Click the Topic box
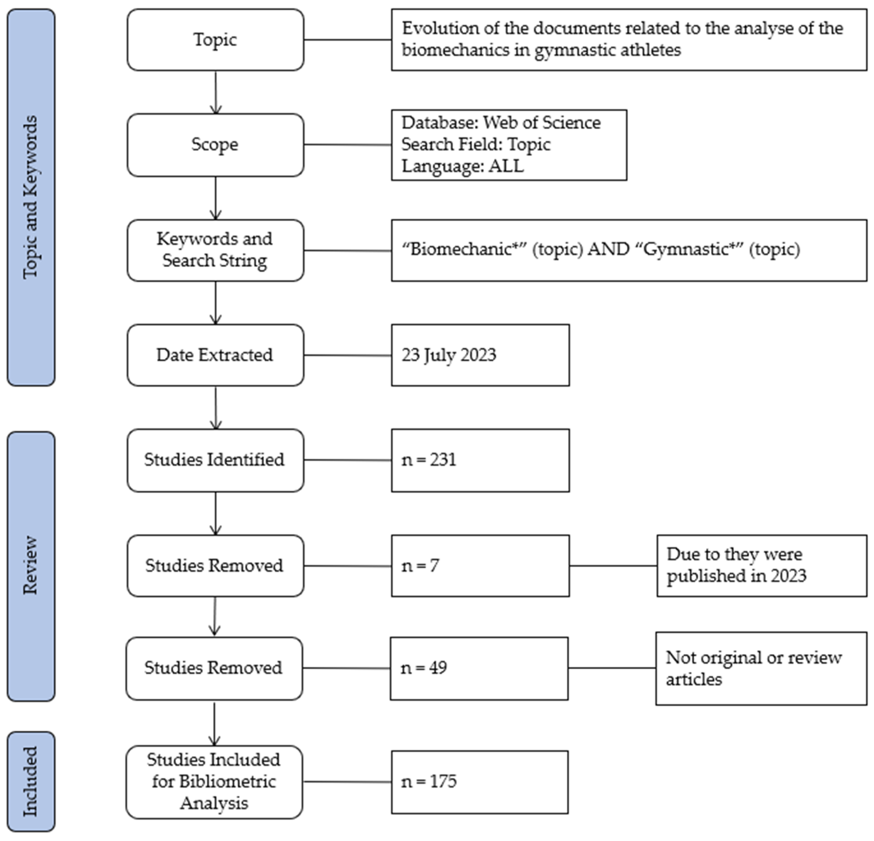click(x=215, y=40)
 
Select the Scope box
click(x=215, y=145)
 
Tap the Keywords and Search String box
click(x=215, y=250)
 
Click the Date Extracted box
click(x=215, y=355)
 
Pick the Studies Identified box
click(x=215, y=460)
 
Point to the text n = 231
click(x=429, y=460)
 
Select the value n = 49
click(x=424, y=668)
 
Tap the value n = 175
click(x=429, y=781)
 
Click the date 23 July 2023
click(x=448, y=355)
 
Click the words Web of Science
click(x=542, y=123)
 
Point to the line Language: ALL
click(x=463, y=166)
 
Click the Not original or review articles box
click(x=761, y=668)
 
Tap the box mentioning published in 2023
click(x=762, y=566)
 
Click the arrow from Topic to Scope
click(x=216, y=92)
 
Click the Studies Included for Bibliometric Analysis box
click(x=214, y=781)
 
